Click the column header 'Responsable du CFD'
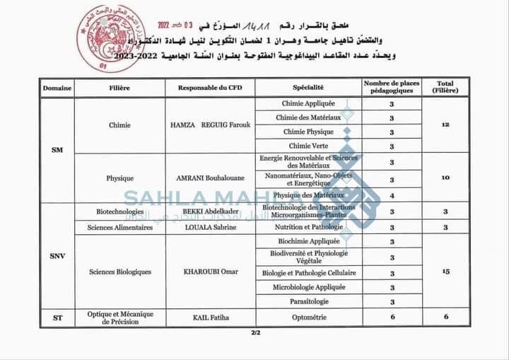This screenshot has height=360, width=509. pos(210,88)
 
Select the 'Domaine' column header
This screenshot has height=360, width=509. pos(57,88)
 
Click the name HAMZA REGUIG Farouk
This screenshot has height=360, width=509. pos(210,125)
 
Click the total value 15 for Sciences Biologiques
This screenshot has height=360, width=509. pos(445,271)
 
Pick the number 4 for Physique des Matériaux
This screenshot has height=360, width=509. pos(392,195)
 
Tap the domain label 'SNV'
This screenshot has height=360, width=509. pos(58,256)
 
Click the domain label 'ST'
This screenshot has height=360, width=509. pos(58,318)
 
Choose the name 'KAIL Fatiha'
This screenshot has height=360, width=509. pos(210,318)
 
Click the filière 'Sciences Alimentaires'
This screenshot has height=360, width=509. pos(120,228)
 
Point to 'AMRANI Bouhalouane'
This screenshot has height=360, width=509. pos(210,178)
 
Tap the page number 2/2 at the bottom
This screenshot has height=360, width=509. pos(255,333)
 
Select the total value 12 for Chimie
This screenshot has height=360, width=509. pos(445,124)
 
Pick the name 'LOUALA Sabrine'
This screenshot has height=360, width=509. pos(210,228)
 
